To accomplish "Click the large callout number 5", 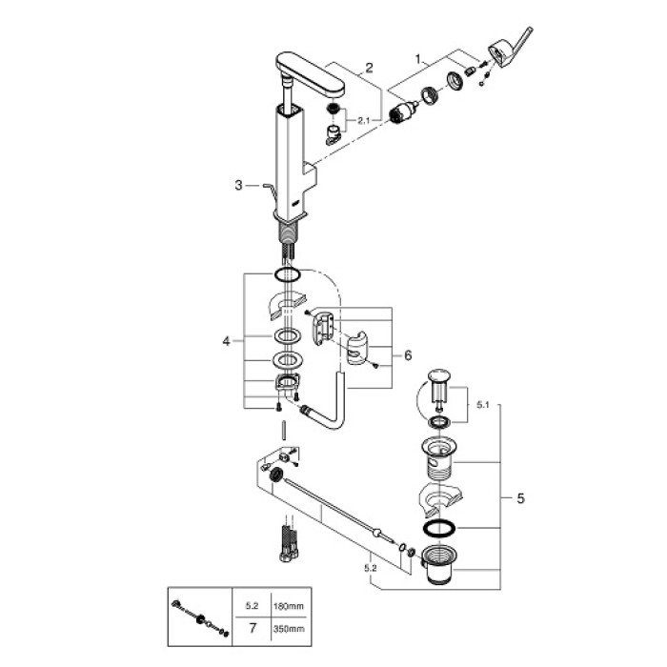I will click(407, 354).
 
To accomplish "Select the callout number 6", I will click(407, 354).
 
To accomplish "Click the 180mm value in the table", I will click(286, 605).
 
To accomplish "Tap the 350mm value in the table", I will click(286, 629).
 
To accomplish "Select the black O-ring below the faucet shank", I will click(288, 275).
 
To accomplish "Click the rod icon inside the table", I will click(201, 616).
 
